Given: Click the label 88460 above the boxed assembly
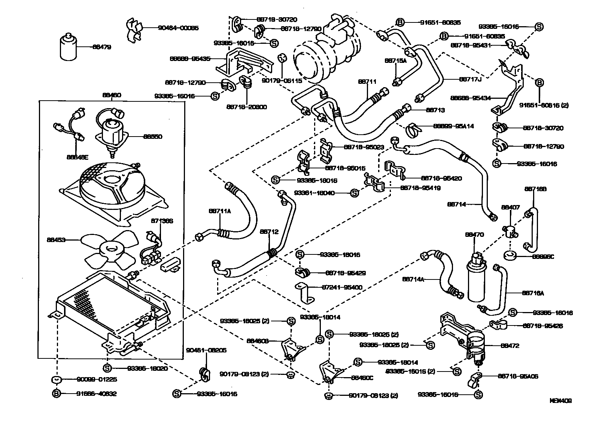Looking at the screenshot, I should (x=111, y=95).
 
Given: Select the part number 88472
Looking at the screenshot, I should (x=510, y=346).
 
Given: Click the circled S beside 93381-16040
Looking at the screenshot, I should (x=354, y=193).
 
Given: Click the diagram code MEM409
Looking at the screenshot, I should (x=560, y=401).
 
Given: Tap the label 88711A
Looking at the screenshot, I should (x=220, y=211).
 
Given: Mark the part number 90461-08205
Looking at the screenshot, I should (x=206, y=350).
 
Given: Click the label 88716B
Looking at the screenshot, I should (x=535, y=189).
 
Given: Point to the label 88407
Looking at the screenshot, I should (x=511, y=207).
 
